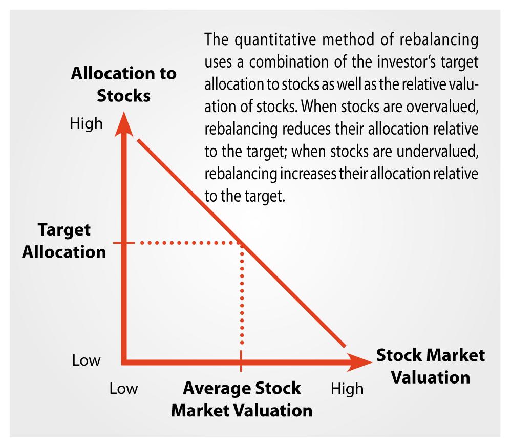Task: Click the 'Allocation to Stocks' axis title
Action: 123,84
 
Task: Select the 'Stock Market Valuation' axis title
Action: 430,366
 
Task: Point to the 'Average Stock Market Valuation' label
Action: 242,399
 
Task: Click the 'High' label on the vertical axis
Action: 86,124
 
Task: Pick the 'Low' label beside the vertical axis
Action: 86,360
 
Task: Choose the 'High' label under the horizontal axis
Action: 347,389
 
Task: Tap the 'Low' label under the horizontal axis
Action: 123,389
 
